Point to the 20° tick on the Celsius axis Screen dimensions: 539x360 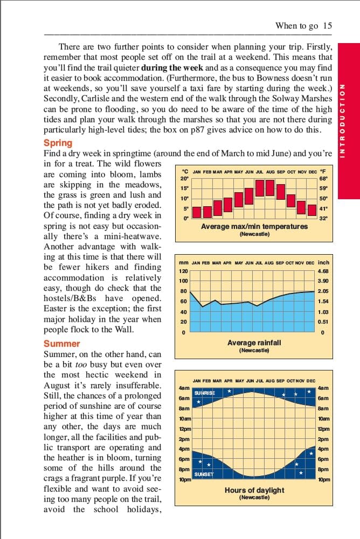[x=184, y=179]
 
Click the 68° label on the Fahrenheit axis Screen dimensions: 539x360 [x=323, y=179]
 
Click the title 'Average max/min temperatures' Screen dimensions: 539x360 [x=254, y=227]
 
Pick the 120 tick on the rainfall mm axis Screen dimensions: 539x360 [x=183, y=271]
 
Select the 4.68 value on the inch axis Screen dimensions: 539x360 [x=323, y=271]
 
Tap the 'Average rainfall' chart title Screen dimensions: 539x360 [x=254, y=342]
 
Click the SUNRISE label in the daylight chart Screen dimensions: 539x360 [x=204, y=393]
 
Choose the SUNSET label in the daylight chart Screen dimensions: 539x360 [x=203, y=474]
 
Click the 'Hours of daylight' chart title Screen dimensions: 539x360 [x=254, y=490]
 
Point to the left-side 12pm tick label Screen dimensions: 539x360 [x=184, y=429]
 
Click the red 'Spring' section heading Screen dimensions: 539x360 [x=58, y=143]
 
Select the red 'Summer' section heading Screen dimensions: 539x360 [x=61, y=344]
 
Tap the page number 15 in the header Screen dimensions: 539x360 [x=328, y=25]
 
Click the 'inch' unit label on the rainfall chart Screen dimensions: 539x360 [x=323, y=263]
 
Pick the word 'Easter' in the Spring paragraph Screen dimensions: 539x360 [x=56, y=309]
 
